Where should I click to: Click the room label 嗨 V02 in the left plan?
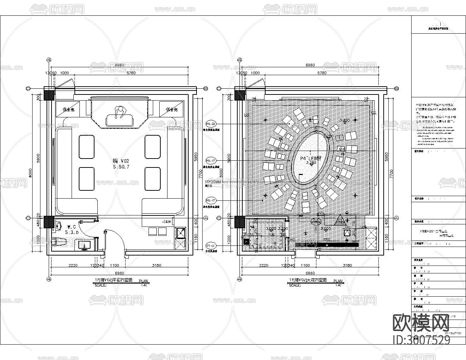tap(121, 161)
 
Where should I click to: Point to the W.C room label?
tap(72, 227)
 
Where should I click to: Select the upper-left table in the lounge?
tap(86, 146)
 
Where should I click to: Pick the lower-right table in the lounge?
tap(152, 179)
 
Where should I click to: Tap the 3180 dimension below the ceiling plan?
tap(347, 265)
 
